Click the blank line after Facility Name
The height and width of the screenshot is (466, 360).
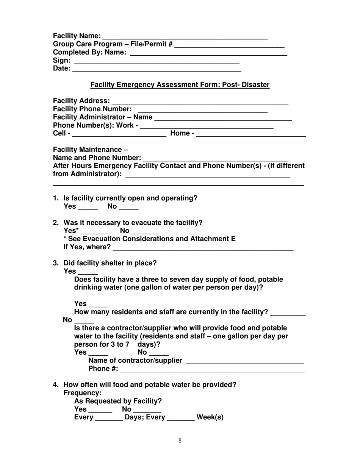[185, 37]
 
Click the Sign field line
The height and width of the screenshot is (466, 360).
[157, 62]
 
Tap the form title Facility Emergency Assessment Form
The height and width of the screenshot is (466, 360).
[180, 85]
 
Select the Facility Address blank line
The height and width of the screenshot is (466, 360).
[200, 102]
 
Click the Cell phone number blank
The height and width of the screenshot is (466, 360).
[119, 134]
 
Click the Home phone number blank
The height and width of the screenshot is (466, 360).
[251, 134]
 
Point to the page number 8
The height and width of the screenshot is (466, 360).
[180, 441]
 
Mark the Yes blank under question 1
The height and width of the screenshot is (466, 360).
[88, 208]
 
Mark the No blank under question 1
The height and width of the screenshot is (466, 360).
[128, 208]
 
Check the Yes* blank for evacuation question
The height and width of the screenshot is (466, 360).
[95, 232]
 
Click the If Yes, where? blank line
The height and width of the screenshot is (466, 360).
[203, 249]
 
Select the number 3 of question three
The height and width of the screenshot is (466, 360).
[55, 263]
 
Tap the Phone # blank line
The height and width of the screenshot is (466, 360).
[212, 370]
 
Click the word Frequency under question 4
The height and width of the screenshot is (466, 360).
[82, 393]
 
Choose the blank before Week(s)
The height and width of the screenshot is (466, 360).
[181, 419]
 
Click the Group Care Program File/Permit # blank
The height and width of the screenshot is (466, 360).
[230, 45]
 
